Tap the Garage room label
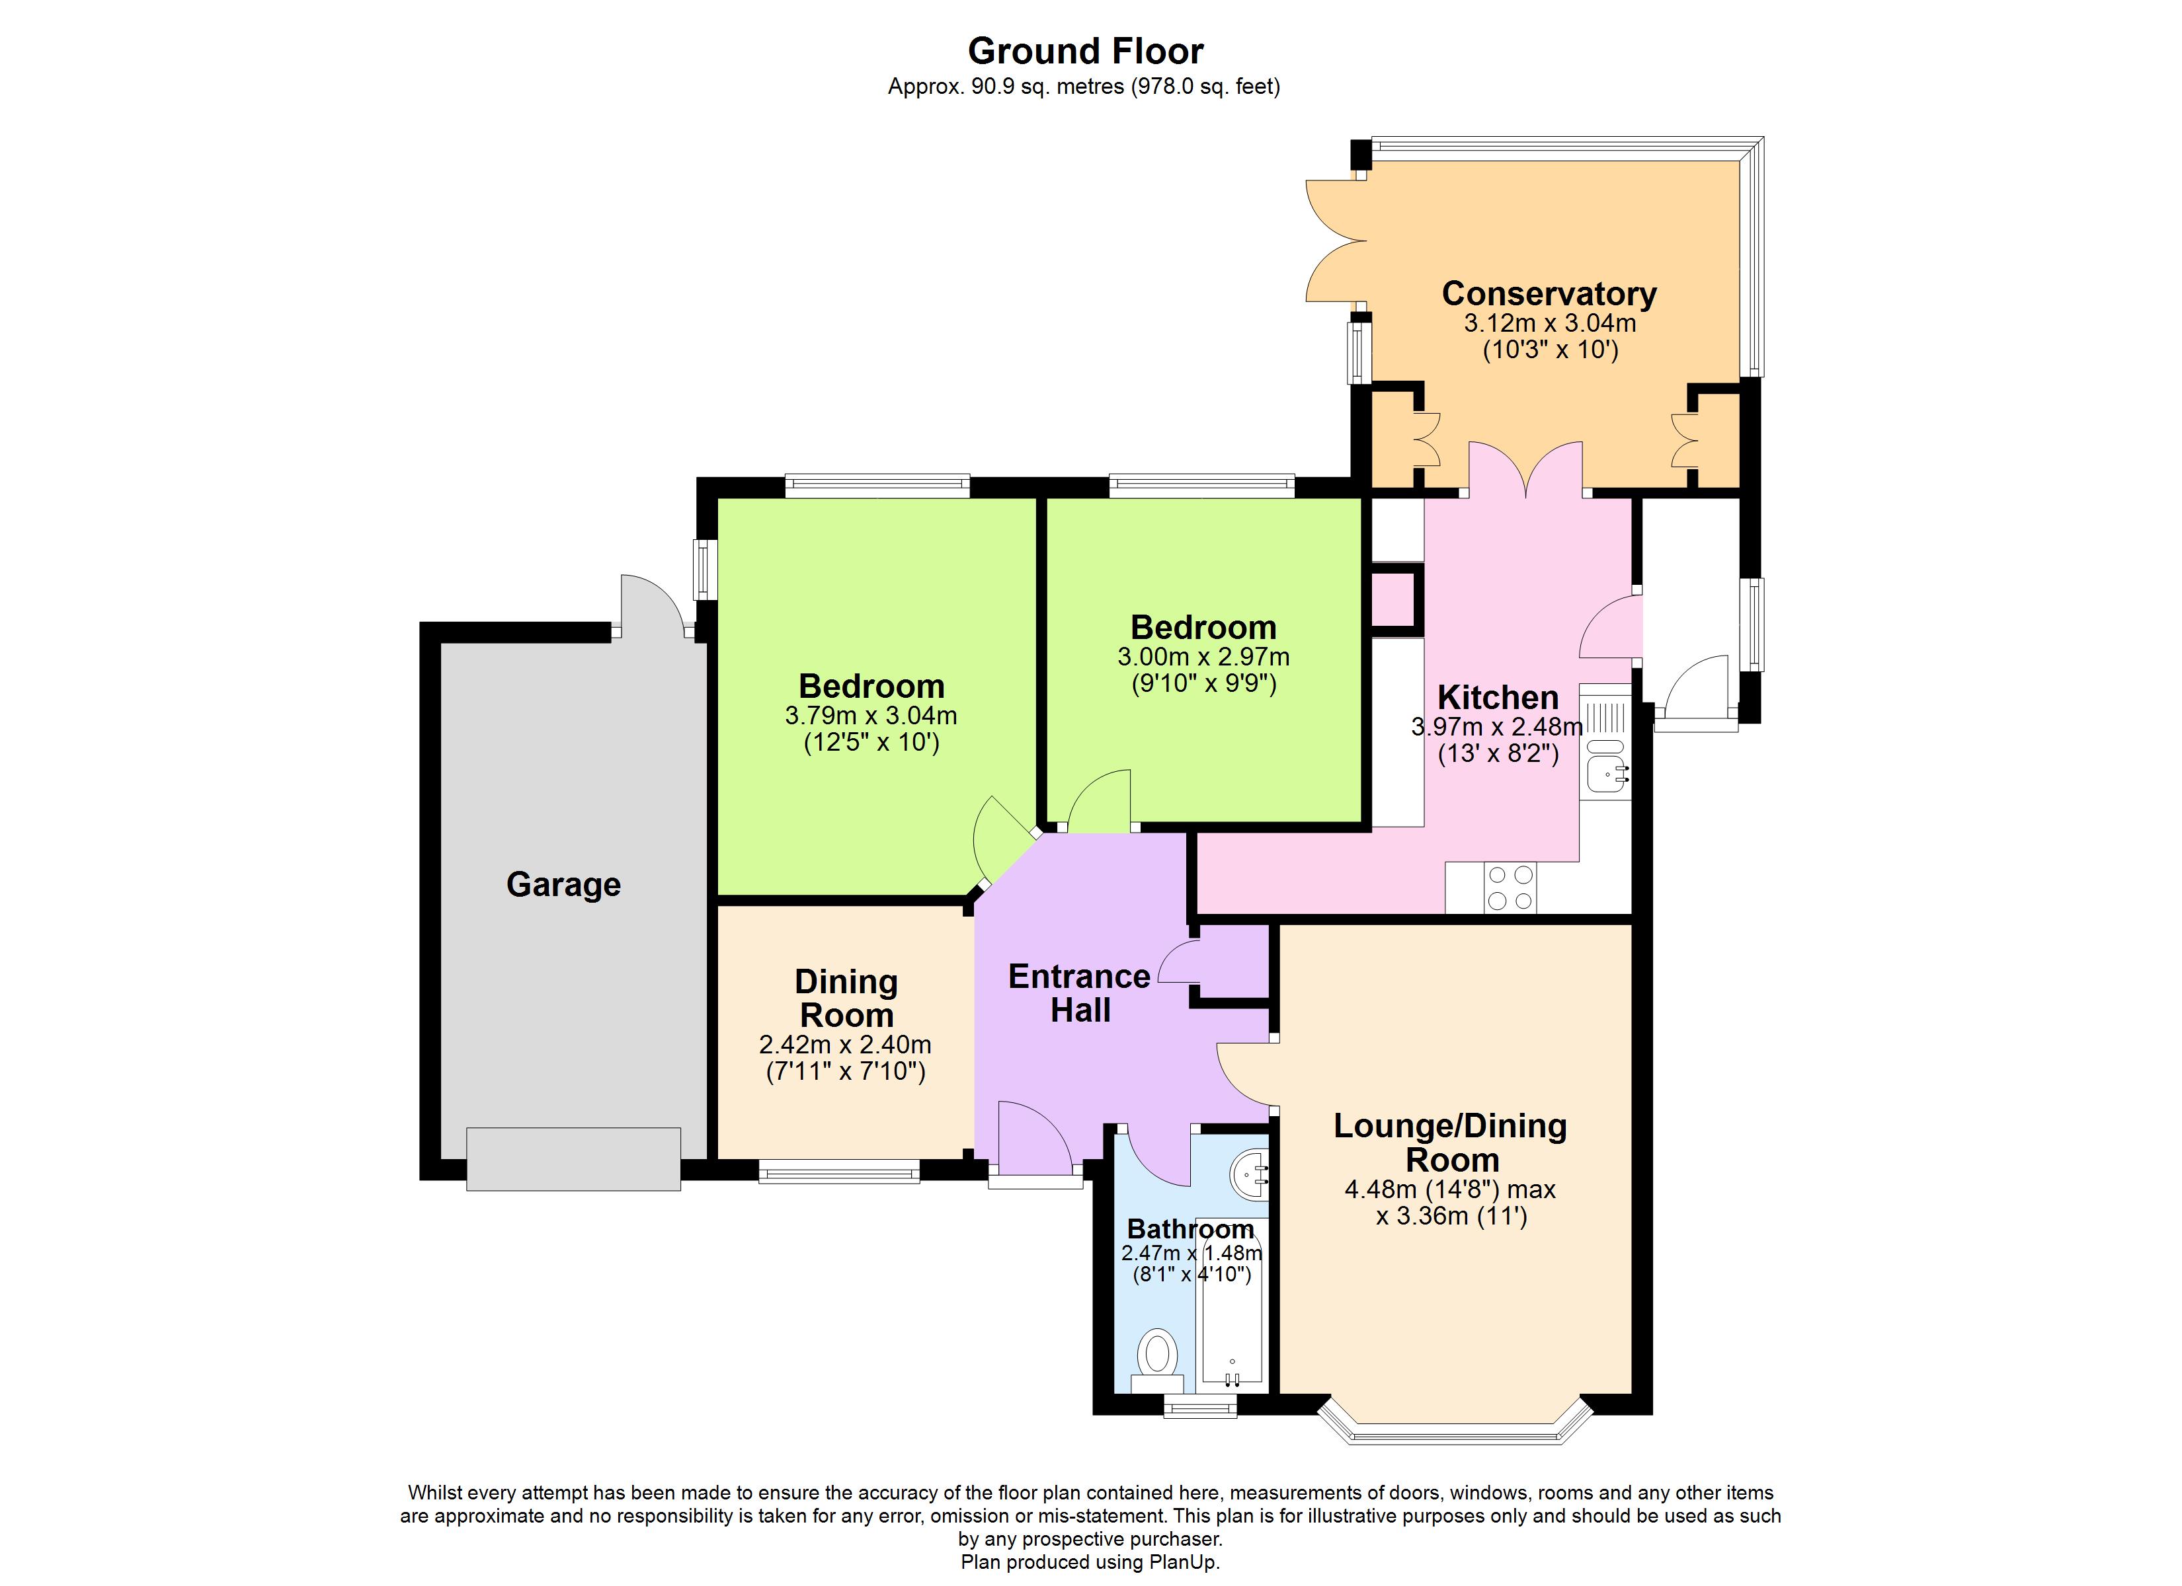point(564,885)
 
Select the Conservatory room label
point(1549,293)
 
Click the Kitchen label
point(1498,697)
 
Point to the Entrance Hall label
point(1080,993)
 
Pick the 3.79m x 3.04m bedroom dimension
point(871,716)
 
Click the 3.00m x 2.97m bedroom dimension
point(1203,657)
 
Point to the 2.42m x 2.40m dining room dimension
point(845,1045)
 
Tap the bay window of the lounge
point(1454,1424)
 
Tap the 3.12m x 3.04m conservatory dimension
point(1550,323)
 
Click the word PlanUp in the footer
point(1186,1563)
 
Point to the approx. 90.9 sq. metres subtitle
point(1084,87)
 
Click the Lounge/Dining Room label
point(1451,1143)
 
